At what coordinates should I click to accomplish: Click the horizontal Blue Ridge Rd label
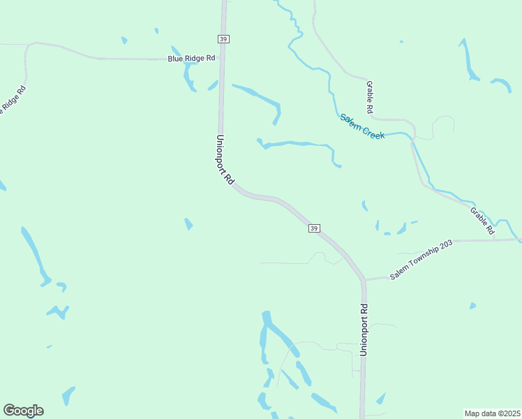191,59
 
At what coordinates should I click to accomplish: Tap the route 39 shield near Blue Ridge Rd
223,40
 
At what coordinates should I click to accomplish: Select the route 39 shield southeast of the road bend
314,228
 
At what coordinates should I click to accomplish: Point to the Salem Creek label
362,126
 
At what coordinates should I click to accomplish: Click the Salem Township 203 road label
422,260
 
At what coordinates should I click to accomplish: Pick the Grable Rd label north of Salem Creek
371,97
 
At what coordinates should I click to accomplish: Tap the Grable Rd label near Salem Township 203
482,220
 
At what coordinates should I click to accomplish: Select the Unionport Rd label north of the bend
225,159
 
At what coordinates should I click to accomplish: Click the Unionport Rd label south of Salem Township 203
364,330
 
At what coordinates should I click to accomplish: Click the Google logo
23,411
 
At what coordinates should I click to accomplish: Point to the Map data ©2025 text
493,413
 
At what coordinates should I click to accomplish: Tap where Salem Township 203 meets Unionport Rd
364,280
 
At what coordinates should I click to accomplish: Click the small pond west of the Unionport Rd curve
188,224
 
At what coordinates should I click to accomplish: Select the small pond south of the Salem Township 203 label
472,306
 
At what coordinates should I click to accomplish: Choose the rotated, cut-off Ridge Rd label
12,101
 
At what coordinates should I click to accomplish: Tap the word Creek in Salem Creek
373,131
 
